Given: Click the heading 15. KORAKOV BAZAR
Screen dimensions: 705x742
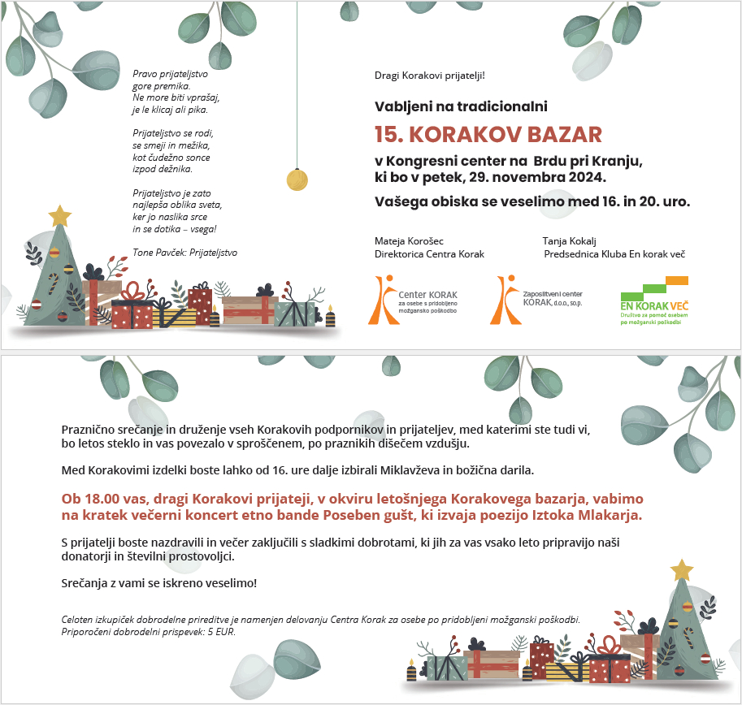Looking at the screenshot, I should (x=488, y=134).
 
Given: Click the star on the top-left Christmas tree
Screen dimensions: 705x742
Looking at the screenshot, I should (x=59, y=215).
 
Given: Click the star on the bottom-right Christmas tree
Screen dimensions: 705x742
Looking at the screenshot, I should (x=682, y=569).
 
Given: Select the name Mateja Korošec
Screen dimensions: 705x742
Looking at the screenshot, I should (x=409, y=241).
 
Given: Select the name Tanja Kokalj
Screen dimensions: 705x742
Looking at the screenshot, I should (x=570, y=241).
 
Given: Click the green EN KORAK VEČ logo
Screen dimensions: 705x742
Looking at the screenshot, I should (x=654, y=301).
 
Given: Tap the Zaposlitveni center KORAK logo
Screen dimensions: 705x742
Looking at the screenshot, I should (x=540, y=299).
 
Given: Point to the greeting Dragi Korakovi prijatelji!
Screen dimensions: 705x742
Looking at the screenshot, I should (x=429, y=76).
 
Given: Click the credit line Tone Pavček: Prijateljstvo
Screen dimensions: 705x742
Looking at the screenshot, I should (x=184, y=253).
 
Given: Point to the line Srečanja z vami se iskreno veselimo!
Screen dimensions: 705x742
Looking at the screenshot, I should (x=159, y=583).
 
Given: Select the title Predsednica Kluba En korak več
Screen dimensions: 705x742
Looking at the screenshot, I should (x=614, y=254).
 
